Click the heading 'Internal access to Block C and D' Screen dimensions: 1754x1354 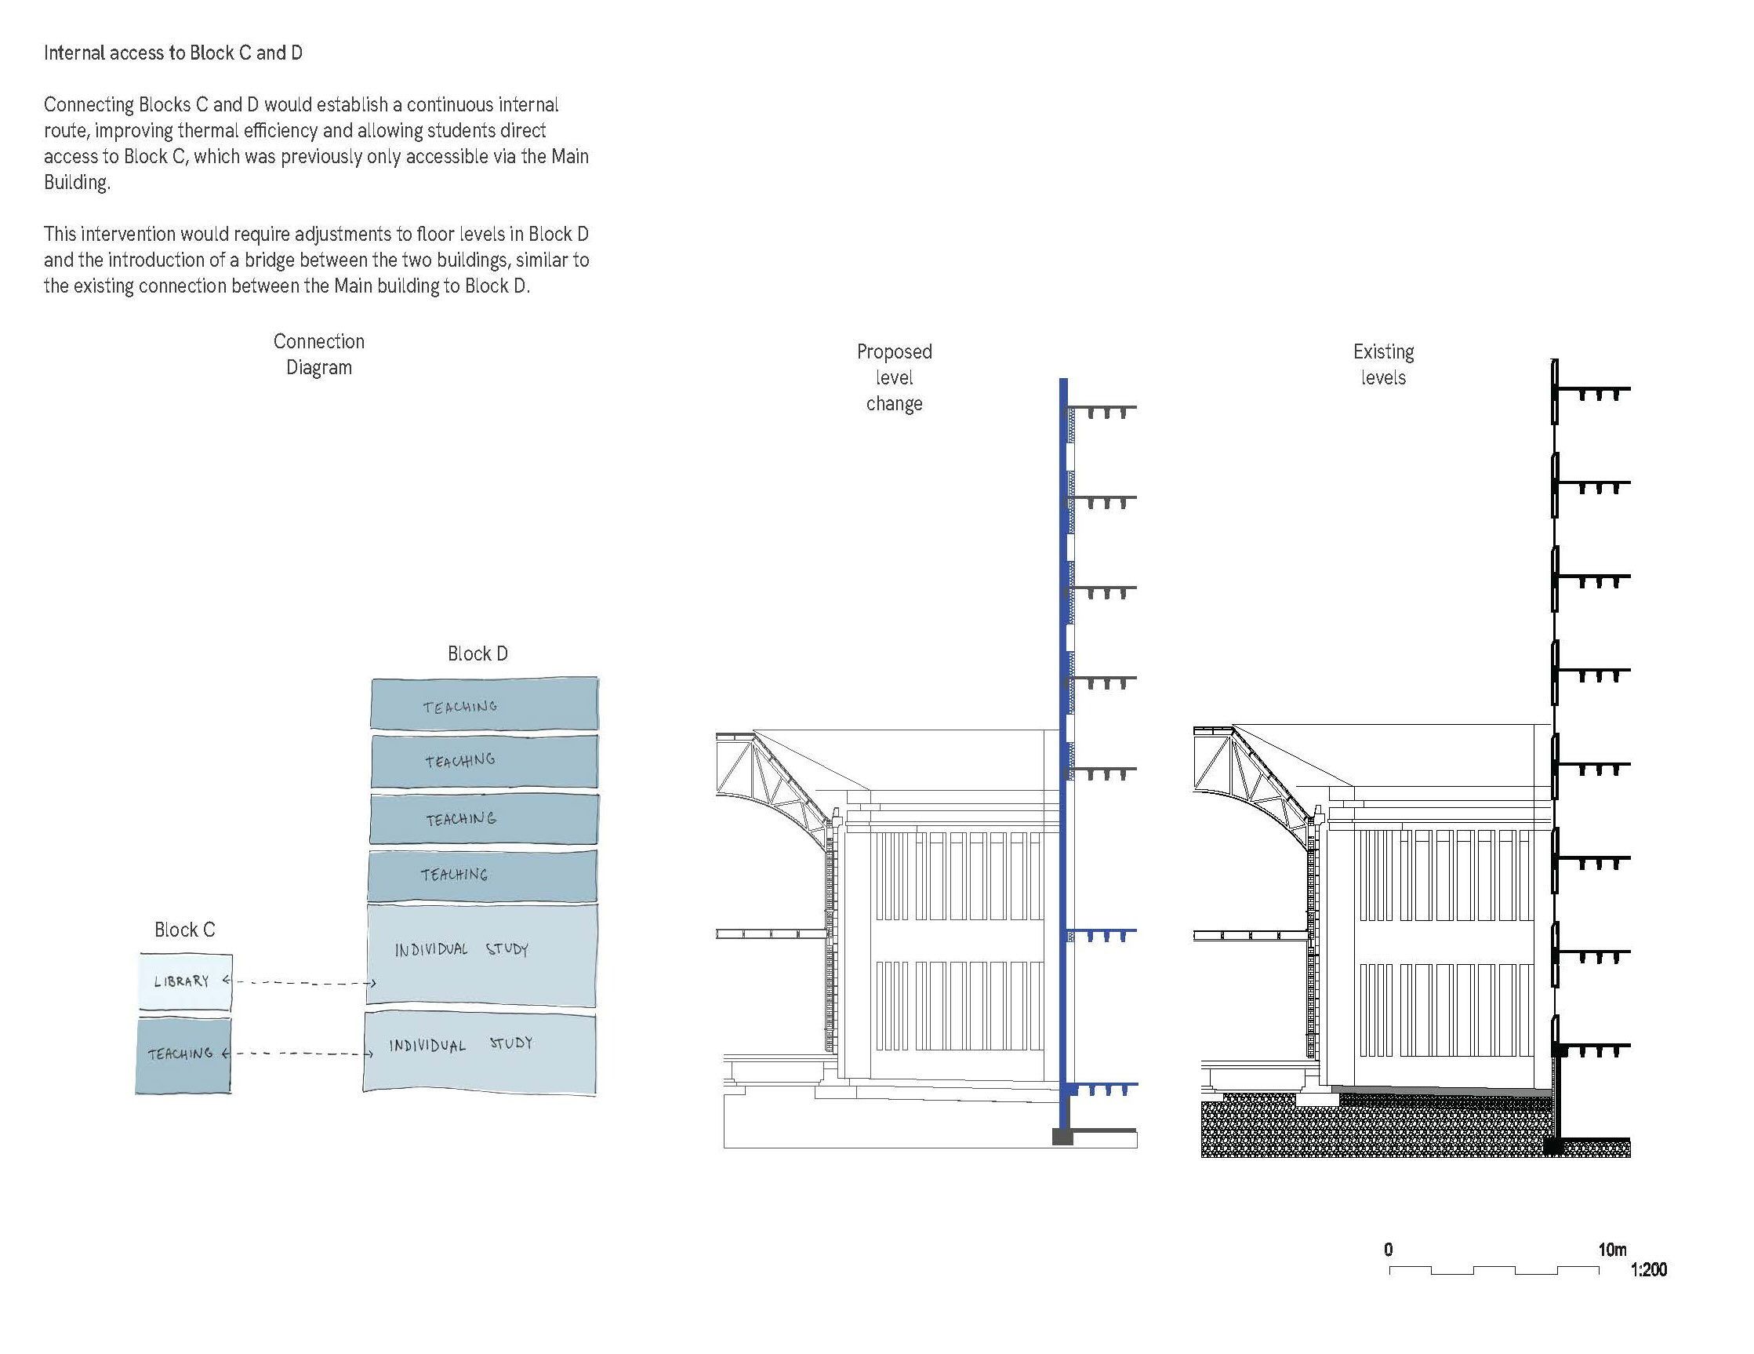point(172,53)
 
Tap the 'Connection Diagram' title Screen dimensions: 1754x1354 point(319,355)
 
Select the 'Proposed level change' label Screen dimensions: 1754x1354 point(894,377)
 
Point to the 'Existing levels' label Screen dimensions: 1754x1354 point(1383,365)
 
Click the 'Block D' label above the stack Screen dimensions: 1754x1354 point(478,653)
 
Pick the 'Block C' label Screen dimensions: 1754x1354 point(185,930)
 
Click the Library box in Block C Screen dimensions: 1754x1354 point(186,982)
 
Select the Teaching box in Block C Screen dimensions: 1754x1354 point(183,1055)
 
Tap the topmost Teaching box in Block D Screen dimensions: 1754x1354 point(485,703)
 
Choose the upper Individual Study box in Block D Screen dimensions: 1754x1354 point(482,955)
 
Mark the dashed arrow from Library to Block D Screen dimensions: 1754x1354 point(300,982)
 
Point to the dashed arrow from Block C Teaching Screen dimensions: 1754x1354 point(298,1054)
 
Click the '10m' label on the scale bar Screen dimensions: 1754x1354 point(1612,1250)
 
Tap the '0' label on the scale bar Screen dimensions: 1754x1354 point(1389,1250)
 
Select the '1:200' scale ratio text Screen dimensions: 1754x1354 point(1649,1269)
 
